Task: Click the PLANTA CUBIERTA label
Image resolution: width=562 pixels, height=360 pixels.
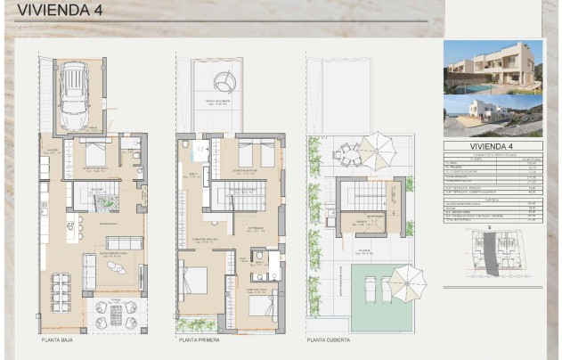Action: [329, 340]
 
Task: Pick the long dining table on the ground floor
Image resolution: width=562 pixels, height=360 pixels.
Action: [61, 287]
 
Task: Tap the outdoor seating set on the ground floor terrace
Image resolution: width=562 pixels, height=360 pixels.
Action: [113, 314]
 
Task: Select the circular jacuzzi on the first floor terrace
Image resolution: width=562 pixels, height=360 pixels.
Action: [224, 83]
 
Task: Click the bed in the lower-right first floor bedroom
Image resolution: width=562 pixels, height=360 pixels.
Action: [261, 306]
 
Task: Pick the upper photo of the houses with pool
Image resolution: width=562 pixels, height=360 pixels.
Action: [493, 68]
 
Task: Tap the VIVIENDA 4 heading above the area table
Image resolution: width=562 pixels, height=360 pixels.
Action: [493, 146]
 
